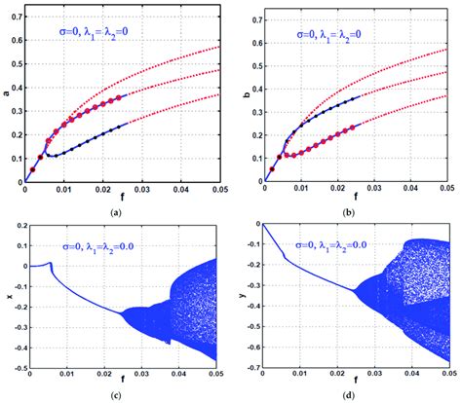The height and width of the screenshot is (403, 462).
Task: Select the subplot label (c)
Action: [116, 396]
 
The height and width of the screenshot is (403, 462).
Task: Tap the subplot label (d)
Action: [353, 396]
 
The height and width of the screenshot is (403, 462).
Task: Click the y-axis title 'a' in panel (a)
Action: [6, 93]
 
